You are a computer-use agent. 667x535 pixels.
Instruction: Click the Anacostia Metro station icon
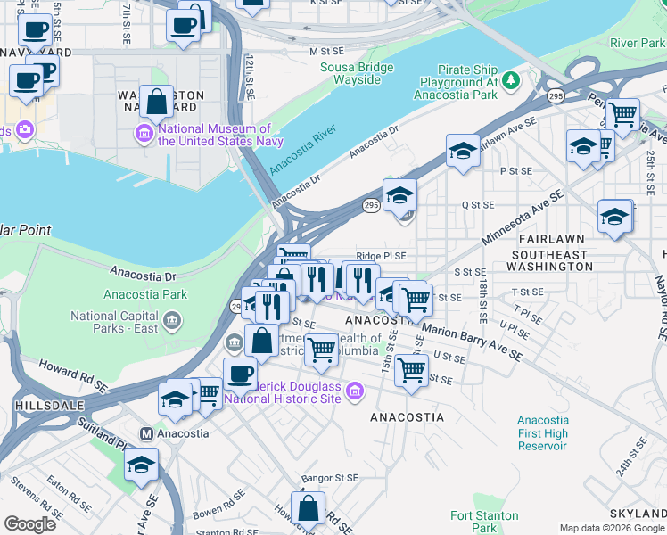click(x=146, y=433)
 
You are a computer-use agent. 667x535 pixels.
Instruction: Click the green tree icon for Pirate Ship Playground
click(x=511, y=81)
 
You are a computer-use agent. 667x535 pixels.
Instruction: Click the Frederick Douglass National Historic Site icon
click(x=356, y=391)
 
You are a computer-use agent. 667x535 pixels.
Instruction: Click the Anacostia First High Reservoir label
click(x=542, y=432)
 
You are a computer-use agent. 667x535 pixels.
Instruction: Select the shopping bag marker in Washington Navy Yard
click(x=156, y=101)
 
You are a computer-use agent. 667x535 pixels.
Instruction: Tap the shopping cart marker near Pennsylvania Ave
click(x=622, y=113)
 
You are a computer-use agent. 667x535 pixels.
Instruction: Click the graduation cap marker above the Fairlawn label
click(x=614, y=216)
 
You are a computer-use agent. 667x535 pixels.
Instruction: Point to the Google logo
click(x=29, y=524)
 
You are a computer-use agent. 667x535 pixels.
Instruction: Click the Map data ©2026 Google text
click(x=611, y=528)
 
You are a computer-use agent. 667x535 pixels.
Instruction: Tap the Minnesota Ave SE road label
click(x=523, y=218)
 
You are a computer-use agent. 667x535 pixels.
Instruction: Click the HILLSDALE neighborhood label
click(x=42, y=404)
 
